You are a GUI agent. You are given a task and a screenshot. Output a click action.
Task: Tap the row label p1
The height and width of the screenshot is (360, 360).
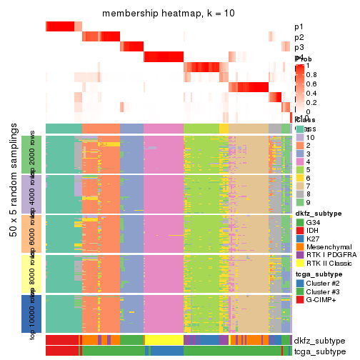coord(299,27)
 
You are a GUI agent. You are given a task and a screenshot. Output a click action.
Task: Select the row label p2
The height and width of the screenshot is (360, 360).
coord(299,37)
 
